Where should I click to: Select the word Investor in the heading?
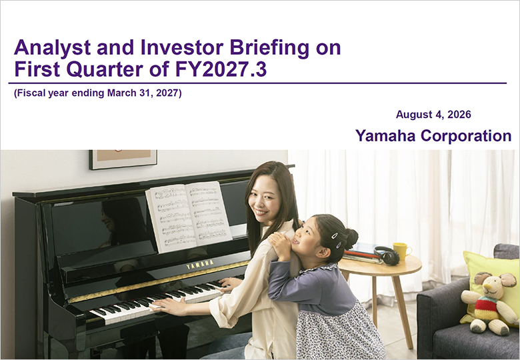182,47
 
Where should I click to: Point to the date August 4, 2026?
433,115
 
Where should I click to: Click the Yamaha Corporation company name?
433,135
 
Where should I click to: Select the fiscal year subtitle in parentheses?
98,93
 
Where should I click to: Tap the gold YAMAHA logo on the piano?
200,264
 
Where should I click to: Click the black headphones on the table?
387,255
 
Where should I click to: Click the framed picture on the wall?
123,159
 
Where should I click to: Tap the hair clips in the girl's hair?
336,240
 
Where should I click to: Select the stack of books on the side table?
362,254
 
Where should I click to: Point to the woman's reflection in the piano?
123,221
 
